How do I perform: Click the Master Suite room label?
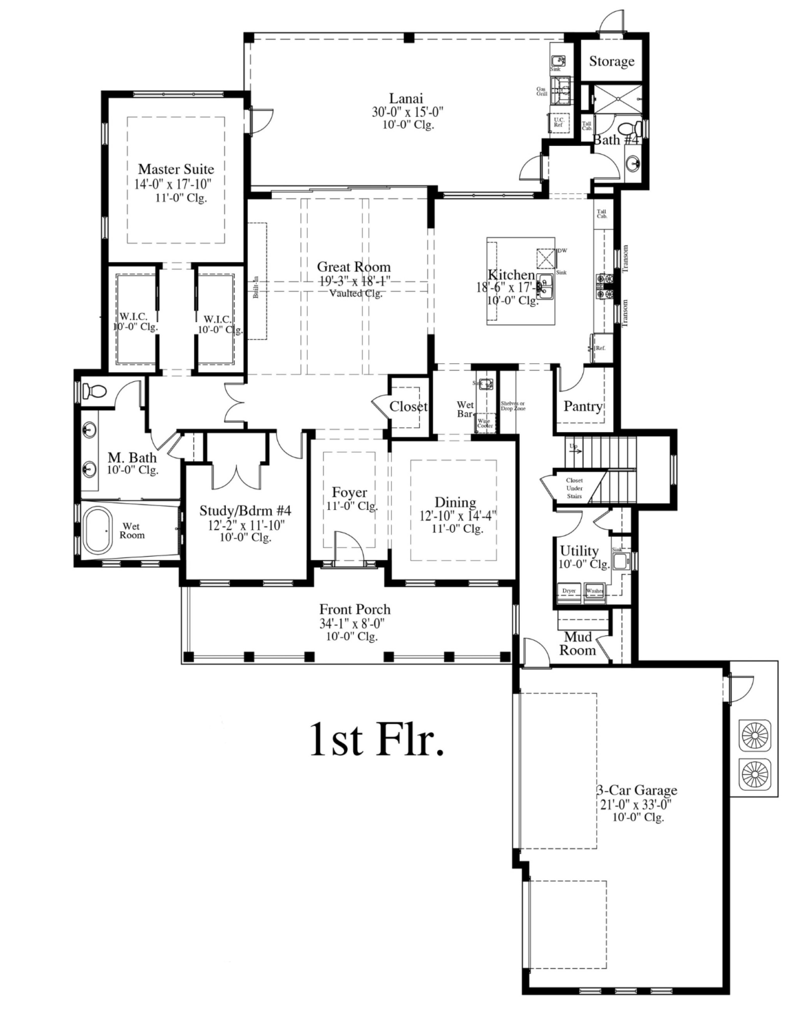[176, 169]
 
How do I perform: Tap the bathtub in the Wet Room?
[98, 531]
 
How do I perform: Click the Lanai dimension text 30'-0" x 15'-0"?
[407, 112]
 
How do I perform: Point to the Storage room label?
[611, 61]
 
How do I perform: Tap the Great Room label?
[353, 267]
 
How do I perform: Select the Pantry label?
[582, 406]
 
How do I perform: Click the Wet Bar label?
[465, 409]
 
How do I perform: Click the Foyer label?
[349, 493]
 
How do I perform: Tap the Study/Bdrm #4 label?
[245, 511]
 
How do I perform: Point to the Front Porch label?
[355, 609]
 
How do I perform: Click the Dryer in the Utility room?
[568, 591]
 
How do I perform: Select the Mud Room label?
[577, 644]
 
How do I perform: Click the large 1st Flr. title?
[377, 740]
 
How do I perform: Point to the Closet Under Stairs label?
[574, 488]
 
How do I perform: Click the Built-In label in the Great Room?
[255, 287]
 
